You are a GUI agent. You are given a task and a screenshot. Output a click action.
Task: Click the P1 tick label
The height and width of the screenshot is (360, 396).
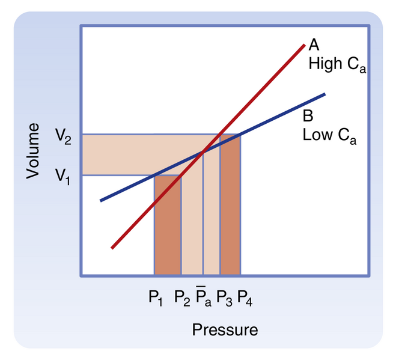[156, 296]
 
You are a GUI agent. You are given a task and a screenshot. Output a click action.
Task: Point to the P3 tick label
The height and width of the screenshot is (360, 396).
[225, 296]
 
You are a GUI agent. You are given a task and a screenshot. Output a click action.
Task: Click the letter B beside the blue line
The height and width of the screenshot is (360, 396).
[308, 115]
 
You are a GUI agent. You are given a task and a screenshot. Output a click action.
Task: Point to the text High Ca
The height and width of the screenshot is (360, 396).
[337, 65]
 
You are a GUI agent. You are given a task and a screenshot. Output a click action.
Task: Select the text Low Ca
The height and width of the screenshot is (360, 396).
[329, 134]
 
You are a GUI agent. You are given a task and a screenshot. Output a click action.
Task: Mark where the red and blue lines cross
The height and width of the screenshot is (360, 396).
[203, 151]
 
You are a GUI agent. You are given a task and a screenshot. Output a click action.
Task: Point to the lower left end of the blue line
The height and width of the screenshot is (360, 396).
[100, 200]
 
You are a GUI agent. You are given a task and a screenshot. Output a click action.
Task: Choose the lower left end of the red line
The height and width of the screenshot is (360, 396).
[112, 247]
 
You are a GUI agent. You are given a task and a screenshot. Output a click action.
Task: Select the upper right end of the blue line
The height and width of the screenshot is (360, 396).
[324, 94]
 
